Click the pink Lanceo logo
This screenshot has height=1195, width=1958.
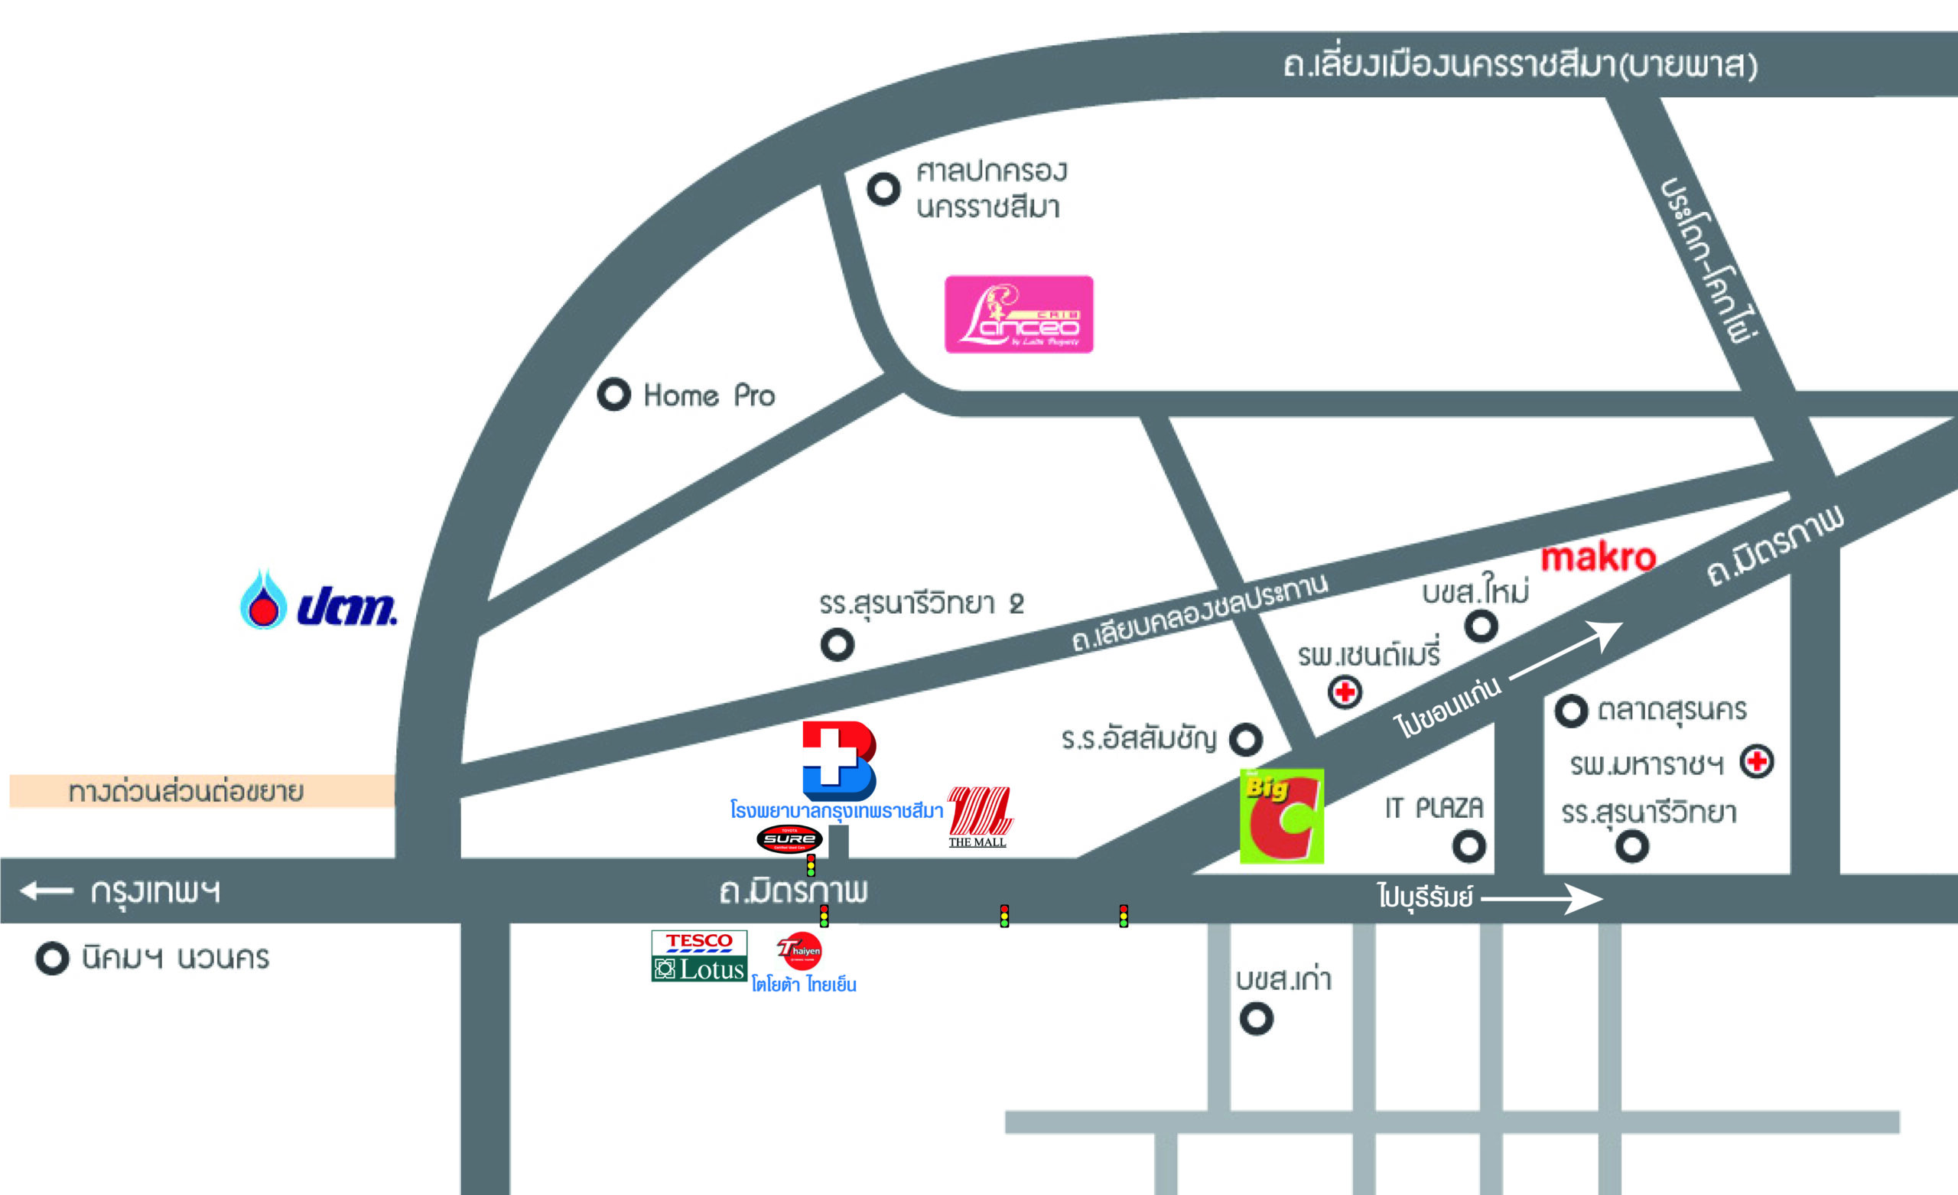pos(1019,314)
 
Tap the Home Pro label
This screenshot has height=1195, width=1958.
pos(709,396)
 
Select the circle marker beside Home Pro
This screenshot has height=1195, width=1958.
pos(613,394)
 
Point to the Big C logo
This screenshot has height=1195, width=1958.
pos(1282,816)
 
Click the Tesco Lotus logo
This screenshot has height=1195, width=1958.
pos(699,956)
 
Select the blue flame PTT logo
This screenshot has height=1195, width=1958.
pos(318,602)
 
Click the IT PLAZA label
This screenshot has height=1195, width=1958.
pos(1433,809)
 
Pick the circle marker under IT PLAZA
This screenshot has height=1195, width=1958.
pos(1468,846)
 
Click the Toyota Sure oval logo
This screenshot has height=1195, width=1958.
pos(789,838)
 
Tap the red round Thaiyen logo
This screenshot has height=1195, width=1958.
pos(799,950)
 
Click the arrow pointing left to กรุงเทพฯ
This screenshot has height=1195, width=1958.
pos(47,891)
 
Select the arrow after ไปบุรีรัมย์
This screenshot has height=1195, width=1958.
pos(1542,899)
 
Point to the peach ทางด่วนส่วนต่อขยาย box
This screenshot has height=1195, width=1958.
pos(202,791)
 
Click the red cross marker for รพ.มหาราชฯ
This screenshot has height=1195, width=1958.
pos(1757,762)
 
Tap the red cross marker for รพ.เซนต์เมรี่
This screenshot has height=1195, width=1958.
pos(1345,692)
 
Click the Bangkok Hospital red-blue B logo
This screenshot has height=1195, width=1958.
pos(838,760)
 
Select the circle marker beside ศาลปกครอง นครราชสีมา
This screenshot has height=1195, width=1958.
pos(883,189)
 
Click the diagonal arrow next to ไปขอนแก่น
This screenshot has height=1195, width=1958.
pos(1566,650)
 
